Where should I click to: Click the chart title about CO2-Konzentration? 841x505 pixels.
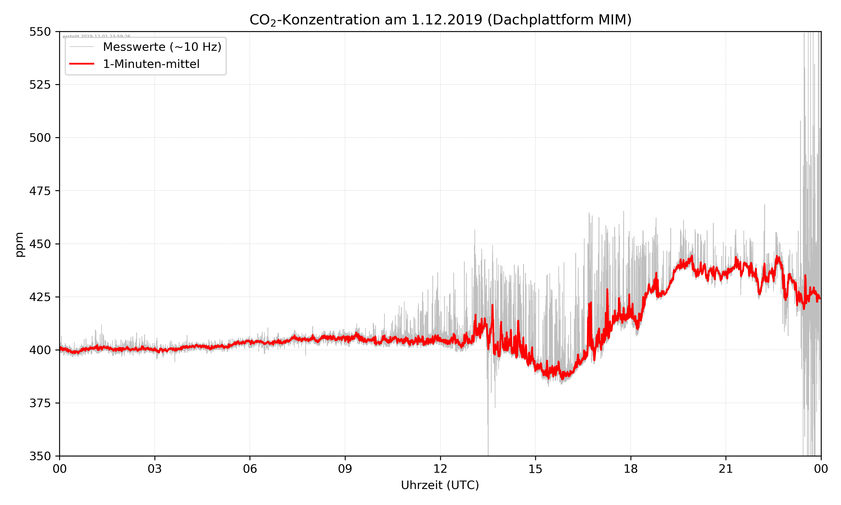pyautogui.click(x=440, y=20)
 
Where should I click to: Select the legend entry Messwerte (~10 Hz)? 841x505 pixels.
pyautogui.click(x=162, y=47)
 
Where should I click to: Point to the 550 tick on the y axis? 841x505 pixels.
pyautogui.click(x=40, y=32)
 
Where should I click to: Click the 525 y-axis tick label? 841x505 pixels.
pyautogui.click(x=40, y=85)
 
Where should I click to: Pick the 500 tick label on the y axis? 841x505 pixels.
pyautogui.click(x=40, y=138)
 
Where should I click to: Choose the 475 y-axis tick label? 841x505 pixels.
pyautogui.click(x=40, y=191)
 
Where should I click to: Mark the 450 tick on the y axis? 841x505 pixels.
pyautogui.click(x=40, y=244)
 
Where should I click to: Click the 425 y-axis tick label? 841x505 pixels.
pyautogui.click(x=40, y=297)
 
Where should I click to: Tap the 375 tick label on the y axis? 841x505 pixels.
pyautogui.click(x=40, y=403)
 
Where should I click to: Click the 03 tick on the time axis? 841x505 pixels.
pyautogui.click(x=155, y=469)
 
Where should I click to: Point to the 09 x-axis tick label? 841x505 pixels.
pyautogui.click(x=345, y=469)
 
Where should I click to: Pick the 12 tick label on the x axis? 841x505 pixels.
pyautogui.click(x=440, y=469)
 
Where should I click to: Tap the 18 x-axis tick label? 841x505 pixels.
pyautogui.click(x=630, y=469)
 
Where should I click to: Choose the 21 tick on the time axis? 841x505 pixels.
pyautogui.click(x=726, y=469)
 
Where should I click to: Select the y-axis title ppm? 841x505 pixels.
pyautogui.click(x=19, y=244)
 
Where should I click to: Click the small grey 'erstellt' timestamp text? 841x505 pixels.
pyautogui.click(x=96, y=36)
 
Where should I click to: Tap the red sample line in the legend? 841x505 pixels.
pyautogui.click(x=82, y=64)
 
